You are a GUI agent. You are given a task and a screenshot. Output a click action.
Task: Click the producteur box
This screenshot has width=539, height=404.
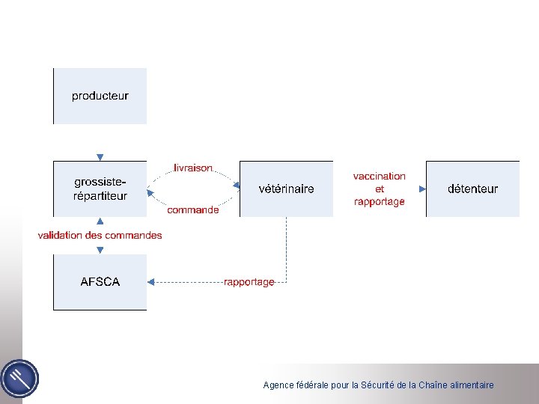tap(100, 96)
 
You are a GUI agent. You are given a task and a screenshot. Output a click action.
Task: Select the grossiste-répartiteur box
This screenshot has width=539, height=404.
tap(100, 189)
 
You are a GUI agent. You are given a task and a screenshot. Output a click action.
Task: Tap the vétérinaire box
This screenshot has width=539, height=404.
tap(286, 189)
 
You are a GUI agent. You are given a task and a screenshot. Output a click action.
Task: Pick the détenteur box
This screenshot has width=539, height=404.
tap(472, 189)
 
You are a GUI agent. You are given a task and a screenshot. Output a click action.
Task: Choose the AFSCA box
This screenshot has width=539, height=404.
tap(100, 282)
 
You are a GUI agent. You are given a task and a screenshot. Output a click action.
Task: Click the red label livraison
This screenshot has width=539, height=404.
tap(193, 168)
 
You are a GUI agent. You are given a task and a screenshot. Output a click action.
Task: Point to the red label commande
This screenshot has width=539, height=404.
tap(193, 210)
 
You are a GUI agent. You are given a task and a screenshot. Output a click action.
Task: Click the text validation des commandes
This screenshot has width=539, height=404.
tap(100, 236)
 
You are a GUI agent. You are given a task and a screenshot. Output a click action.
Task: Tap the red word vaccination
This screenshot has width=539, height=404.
tap(380, 177)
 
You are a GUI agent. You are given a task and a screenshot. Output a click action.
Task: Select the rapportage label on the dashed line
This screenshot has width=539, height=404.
tap(249, 282)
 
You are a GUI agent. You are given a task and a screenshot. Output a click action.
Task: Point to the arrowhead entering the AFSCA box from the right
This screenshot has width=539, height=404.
tap(150, 282)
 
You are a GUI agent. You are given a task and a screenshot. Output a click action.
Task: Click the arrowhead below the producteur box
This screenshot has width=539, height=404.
tap(100, 156)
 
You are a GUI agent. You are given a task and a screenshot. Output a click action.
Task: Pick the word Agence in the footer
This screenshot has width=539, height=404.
tap(277, 385)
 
